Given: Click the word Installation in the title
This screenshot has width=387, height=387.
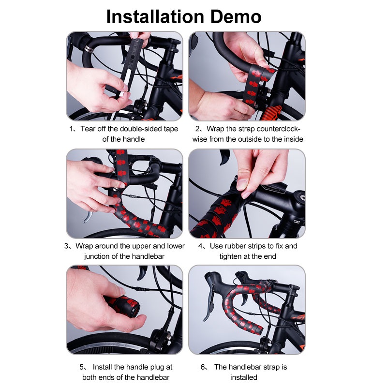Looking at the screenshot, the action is tap(155, 16).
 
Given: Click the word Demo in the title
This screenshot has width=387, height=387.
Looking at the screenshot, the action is tap(236, 16).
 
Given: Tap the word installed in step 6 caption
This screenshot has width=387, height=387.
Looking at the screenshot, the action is tap(244, 377).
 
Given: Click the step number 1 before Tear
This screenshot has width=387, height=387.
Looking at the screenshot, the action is tap(71, 129).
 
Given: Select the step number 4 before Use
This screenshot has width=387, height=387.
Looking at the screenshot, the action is tap(200, 246).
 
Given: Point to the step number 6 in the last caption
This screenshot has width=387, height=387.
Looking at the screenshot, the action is tap(203, 367).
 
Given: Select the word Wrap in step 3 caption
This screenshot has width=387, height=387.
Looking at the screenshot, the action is tap(84, 246).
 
